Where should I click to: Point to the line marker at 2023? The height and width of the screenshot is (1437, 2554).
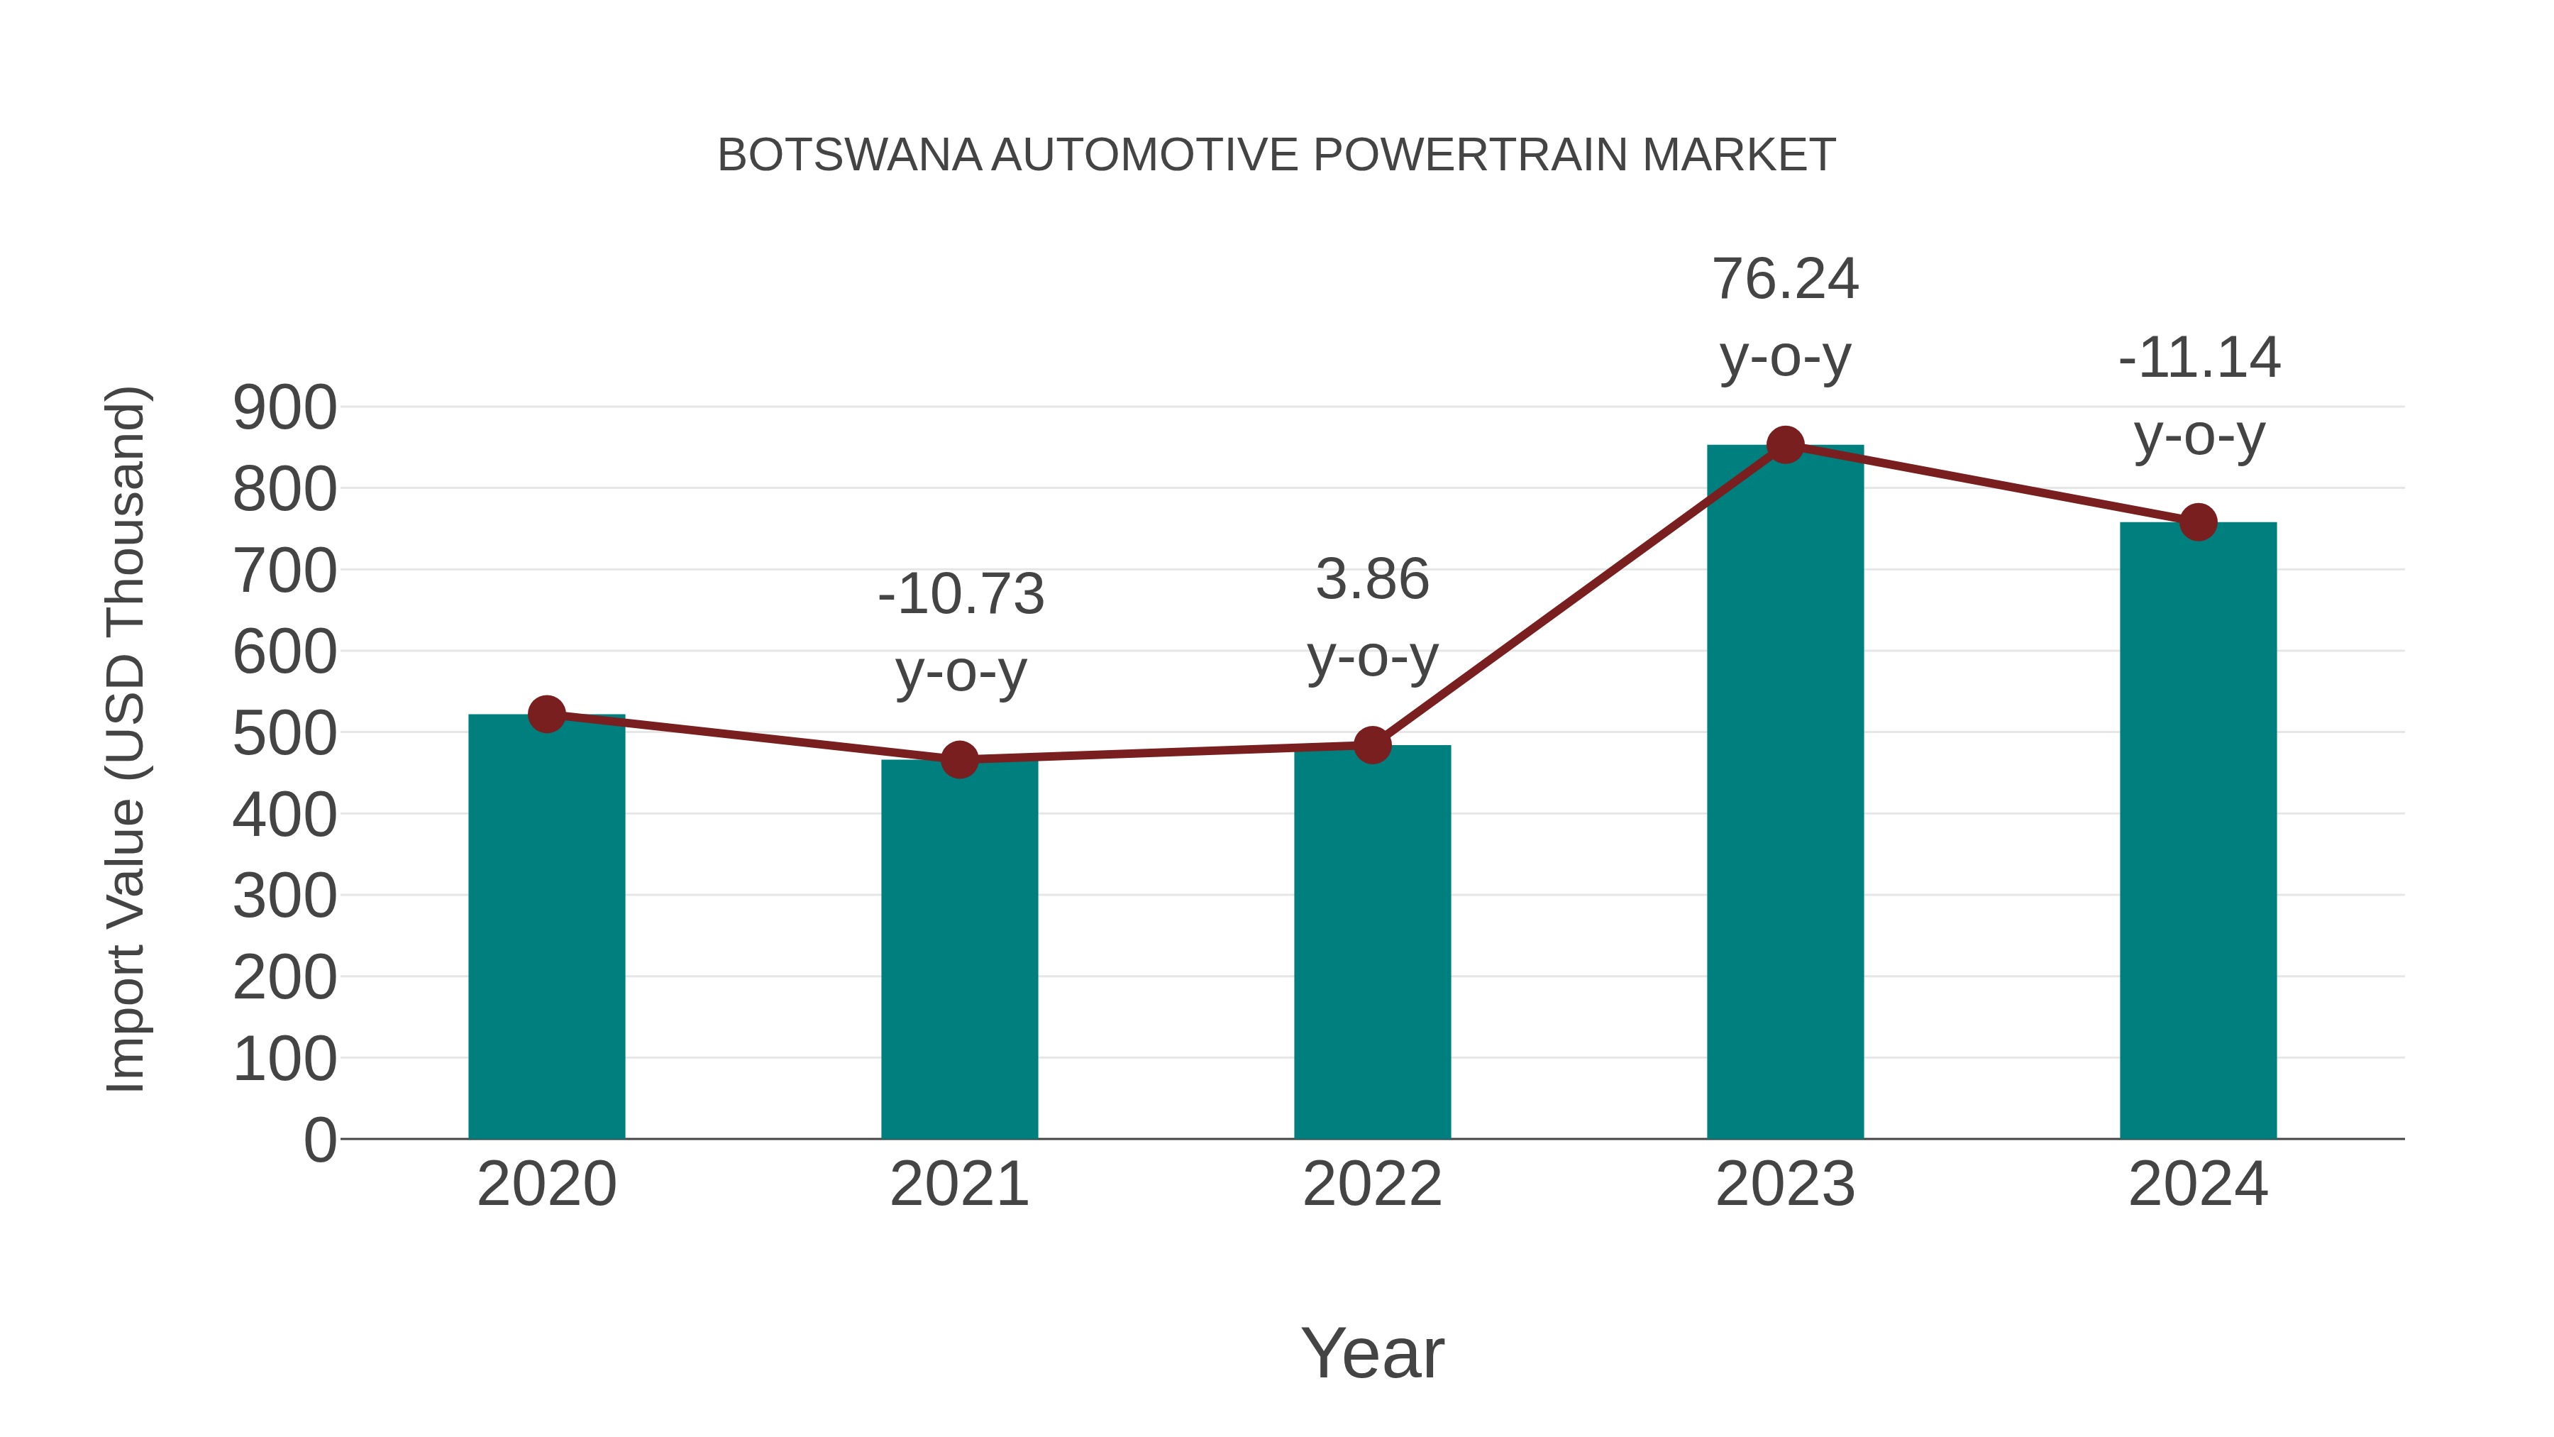click(x=1785, y=445)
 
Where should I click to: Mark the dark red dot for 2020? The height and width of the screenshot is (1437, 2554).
click(x=546, y=713)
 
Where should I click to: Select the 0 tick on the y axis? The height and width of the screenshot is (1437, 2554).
click(x=319, y=1140)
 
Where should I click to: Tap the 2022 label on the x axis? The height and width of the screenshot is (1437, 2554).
click(x=1372, y=1184)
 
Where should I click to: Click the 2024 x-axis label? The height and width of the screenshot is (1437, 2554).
click(x=2198, y=1184)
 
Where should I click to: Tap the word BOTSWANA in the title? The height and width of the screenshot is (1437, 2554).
click(x=848, y=155)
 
